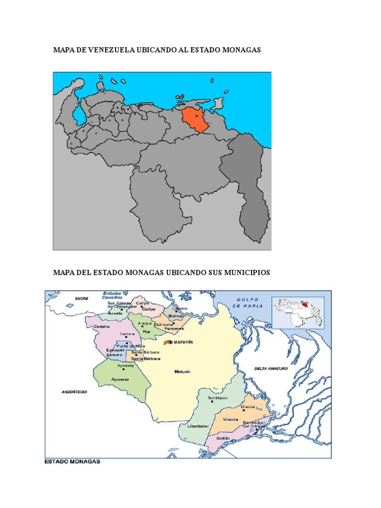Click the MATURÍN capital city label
click(x=183, y=342)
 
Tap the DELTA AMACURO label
click(x=271, y=369)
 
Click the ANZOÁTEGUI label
click(x=74, y=391)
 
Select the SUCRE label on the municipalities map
click(x=81, y=299)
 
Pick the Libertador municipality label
click(x=198, y=426)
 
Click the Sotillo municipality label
click(x=223, y=439)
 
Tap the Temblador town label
click(x=217, y=398)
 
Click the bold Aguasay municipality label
click(x=121, y=380)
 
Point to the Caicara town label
click(x=127, y=333)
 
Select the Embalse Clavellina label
click(x=112, y=295)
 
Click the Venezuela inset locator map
click(x=298, y=312)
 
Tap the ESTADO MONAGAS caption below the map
click(x=72, y=461)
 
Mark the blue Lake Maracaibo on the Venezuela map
click(x=79, y=115)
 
